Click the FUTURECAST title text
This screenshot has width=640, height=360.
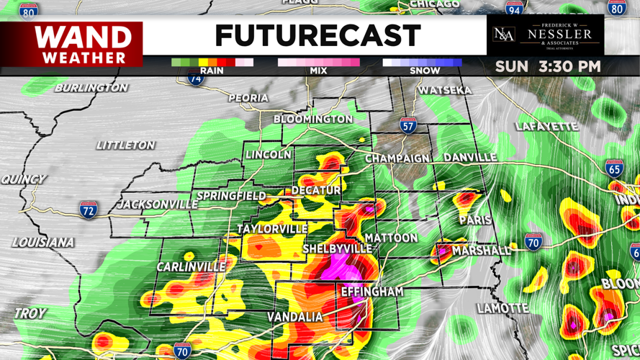click(x=317, y=35)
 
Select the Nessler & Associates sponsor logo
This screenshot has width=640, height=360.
click(x=545, y=35)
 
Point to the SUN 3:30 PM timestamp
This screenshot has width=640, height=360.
click(x=547, y=67)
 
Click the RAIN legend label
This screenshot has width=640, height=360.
click(x=211, y=71)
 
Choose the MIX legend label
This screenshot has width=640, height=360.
click(x=318, y=71)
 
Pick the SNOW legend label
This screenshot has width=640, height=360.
click(x=424, y=71)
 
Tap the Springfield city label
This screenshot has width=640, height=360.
click(x=231, y=196)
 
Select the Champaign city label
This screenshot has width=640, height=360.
click(x=397, y=158)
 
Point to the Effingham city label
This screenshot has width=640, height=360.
click(x=371, y=292)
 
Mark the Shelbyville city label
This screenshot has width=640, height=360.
click(x=337, y=248)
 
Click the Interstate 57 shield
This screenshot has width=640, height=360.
click(x=408, y=126)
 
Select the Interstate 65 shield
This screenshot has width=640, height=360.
click(x=614, y=169)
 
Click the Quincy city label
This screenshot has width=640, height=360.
click(x=23, y=179)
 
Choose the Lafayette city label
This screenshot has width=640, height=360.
click(x=546, y=127)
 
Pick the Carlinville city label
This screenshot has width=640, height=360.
click(x=191, y=267)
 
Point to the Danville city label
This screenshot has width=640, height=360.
click(x=470, y=157)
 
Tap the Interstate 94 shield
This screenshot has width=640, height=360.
click(x=514, y=9)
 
